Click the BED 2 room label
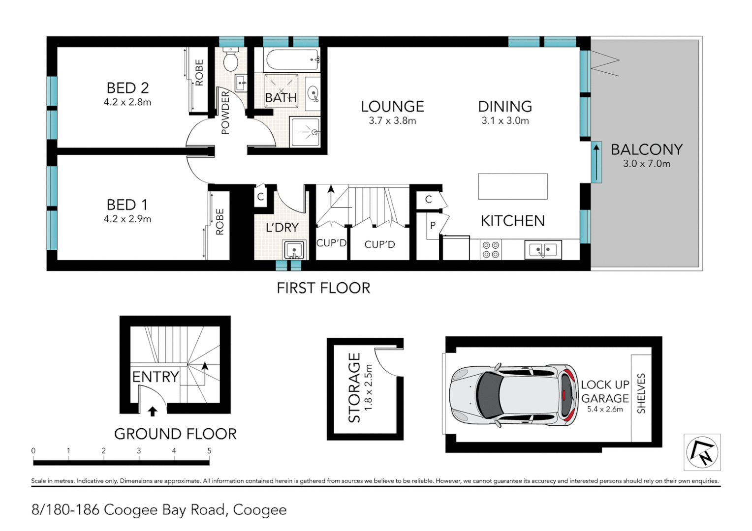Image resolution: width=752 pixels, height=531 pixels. click(127, 88)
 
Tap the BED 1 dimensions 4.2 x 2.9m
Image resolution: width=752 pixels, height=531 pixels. click(127, 219)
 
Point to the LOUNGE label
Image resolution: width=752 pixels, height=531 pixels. click(392, 107)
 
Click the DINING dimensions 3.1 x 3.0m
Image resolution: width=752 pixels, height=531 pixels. click(505, 121)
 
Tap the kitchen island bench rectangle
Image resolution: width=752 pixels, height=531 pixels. click(512, 186)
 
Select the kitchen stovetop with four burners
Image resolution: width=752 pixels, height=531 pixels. click(490, 250)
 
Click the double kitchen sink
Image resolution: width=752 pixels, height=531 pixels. click(542, 250)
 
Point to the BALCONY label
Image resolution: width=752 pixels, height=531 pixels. click(646, 149)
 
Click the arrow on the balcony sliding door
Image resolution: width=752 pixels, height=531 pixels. click(596, 162)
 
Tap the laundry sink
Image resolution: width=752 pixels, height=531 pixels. click(294, 250)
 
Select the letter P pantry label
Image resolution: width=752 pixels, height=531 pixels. click(433, 226)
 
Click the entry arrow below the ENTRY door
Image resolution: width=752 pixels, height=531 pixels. click(153, 411)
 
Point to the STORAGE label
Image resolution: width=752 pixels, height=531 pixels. click(354, 387)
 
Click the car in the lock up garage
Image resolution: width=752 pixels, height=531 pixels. click(513, 395)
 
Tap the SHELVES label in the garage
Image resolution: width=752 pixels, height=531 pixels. click(641, 393)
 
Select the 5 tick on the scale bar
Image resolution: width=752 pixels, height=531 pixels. click(209, 451)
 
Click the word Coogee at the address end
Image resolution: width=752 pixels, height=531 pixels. click(259, 510)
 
